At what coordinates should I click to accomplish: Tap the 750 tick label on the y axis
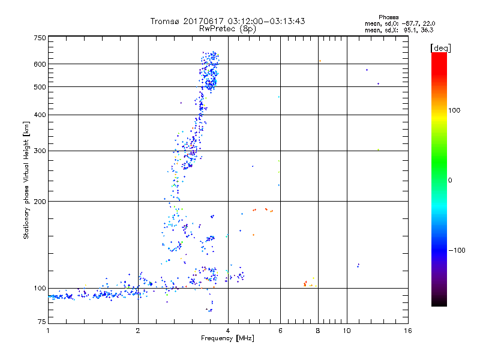pyautogui.click(x=40, y=37)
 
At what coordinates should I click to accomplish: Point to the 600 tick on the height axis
pyautogui.click(x=40, y=64)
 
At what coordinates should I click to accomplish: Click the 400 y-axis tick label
pyautogui.click(x=40, y=115)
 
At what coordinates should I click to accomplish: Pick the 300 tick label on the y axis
pyautogui.click(x=40, y=151)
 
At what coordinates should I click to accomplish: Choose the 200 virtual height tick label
pyautogui.click(x=40, y=201)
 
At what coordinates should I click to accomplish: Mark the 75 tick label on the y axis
pyautogui.click(x=41, y=324)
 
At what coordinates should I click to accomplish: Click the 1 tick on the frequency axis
pyautogui.click(x=48, y=331)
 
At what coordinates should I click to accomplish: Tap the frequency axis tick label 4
pyautogui.click(x=228, y=331)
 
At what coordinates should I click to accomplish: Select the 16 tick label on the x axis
pyautogui.click(x=407, y=331)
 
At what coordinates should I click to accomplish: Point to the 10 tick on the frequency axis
pyautogui.click(x=347, y=331)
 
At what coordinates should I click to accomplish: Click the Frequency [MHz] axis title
pyautogui.click(x=227, y=339)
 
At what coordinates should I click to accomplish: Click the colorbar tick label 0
pyautogui.click(x=451, y=180)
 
